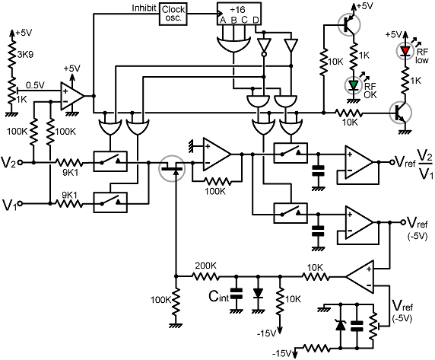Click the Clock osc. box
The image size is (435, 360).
point(173,14)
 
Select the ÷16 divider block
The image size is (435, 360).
point(239,14)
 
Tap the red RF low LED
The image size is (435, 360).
point(405,51)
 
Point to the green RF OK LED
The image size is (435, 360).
point(353,84)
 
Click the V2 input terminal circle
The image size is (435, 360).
point(20,162)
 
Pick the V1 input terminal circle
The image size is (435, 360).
point(20,204)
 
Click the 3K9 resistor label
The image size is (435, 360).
point(25,54)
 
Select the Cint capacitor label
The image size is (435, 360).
point(219,296)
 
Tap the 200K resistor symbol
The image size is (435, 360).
point(205,276)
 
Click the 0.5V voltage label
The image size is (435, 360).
point(35,85)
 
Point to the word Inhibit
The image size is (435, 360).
point(144,8)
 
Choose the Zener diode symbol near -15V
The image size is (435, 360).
point(341,325)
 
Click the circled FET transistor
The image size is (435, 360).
point(172,168)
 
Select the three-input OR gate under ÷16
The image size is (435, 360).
point(233,44)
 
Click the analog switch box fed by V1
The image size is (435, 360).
point(110,202)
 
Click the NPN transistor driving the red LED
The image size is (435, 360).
point(400,113)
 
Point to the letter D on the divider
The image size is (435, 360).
point(256,20)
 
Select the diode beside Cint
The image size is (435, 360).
point(258,293)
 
